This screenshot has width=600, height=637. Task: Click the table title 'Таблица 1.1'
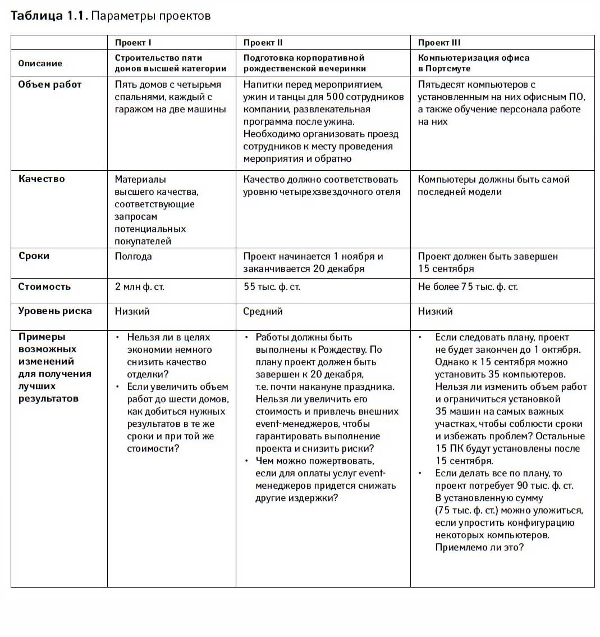tap(48, 16)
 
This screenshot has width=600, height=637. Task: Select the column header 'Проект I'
tap(133, 43)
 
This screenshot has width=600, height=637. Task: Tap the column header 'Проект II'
tap(263, 43)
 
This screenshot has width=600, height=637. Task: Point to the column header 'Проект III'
tap(439, 43)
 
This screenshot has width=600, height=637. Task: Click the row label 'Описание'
tap(40, 63)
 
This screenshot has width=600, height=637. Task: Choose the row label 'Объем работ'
tap(50, 85)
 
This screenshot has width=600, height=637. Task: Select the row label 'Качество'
tap(42, 179)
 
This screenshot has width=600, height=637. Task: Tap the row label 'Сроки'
tap(34, 256)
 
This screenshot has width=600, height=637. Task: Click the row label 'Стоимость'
tap(44, 286)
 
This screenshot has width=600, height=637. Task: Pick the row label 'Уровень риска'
tap(55, 311)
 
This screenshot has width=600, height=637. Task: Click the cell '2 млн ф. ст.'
tap(139, 287)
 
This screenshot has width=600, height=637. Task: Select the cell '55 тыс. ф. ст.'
tap(272, 287)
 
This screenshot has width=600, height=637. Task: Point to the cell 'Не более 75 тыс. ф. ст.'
tap(468, 287)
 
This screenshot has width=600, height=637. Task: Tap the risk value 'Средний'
tap(263, 312)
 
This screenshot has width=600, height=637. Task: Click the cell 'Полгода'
tap(133, 257)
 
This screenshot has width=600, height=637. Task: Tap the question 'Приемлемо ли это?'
tap(479, 547)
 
